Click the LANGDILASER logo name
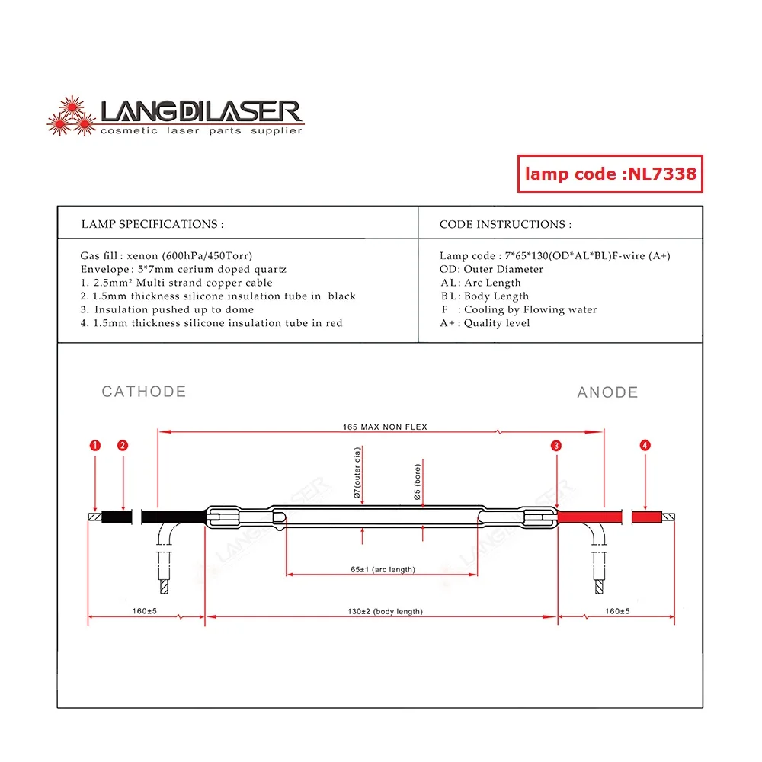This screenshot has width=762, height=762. coord(202,112)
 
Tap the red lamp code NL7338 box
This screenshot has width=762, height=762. coord(610,174)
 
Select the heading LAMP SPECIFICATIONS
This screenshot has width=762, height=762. coord(152,224)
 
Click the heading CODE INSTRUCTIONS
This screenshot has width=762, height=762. coord(505,224)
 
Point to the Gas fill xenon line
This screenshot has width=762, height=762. coord(166,256)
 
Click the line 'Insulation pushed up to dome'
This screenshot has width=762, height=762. coord(167,309)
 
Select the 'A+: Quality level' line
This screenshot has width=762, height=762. coord(485,323)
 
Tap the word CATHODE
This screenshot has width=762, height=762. coord(144,392)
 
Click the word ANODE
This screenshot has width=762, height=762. coord(607,392)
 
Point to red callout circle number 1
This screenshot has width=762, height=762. coord(94,445)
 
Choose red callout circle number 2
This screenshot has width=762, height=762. coord(123,445)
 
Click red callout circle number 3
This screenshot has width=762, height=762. coord(557,445)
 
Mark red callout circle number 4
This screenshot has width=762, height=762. coord(645,445)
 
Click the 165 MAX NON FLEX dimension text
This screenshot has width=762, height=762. coord(385,427)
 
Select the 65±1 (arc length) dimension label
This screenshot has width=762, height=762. coord(383,570)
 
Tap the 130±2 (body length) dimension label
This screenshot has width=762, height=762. coord(385,611)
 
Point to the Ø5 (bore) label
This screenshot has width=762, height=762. coord(417,482)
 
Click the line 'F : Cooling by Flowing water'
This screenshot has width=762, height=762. coord(518,309)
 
